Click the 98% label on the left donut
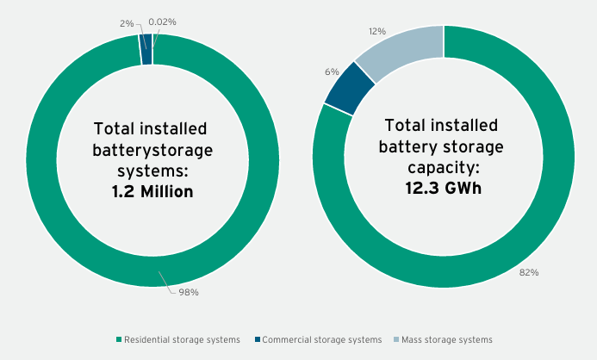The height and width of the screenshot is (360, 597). pyautogui.click(x=189, y=293)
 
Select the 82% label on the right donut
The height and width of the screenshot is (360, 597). pyautogui.click(x=529, y=272)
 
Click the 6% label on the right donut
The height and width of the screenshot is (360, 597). pyautogui.click(x=332, y=71)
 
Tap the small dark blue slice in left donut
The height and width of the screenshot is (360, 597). pyautogui.click(x=146, y=49)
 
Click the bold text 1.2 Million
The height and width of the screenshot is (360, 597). pyautogui.click(x=152, y=191)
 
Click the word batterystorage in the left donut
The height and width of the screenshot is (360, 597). pyautogui.click(x=152, y=150)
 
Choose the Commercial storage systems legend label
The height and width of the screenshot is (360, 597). pyautogui.click(x=320, y=340)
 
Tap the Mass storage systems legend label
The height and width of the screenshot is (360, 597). pyautogui.click(x=447, y=340)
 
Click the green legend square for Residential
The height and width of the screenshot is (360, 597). pyautogui.click(x=119, y=340)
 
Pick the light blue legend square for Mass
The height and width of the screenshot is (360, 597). pyautogui.click(x=395, y=340)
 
